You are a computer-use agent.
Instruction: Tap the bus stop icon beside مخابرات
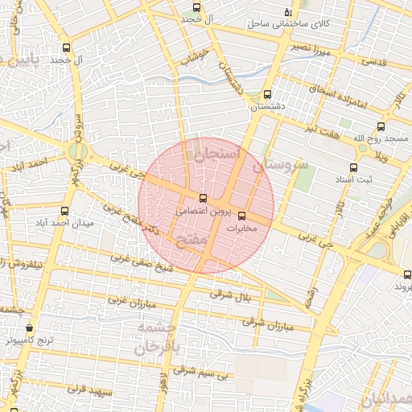point(241,215)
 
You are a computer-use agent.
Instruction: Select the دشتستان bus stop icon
point(267,94)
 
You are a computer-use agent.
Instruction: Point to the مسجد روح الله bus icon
point(381,126)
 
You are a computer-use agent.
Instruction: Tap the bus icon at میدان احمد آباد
point(64,211)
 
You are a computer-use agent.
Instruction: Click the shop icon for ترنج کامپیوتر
point(30,328)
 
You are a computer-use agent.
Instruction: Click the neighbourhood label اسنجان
point(217,152)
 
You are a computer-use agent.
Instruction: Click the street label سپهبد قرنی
point(85,389)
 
